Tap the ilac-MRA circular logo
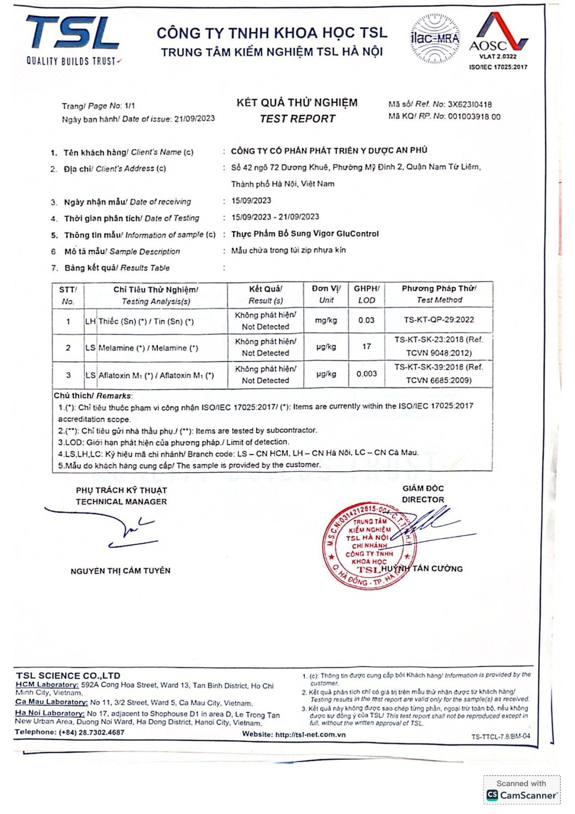pyautogui.click(x=435, y=39)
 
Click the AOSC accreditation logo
pyautogui.click(x=498, y=40)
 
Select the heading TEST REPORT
pyautogui.click(x=297, y=119)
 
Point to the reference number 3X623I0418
pyautogui.click(x=469, y=105)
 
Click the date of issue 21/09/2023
pyautogui.click(x=194, y=118)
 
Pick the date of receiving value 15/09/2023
pyautogui.click(x=251, y=200)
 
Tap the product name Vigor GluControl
pyautogui.click(x=345, y=234)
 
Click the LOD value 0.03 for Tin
pyautogui.click(x=366, y=320)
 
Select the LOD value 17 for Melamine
pyautogui.click(x=366, y=347)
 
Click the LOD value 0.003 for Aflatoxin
pyautogui.click(x=366, y=374)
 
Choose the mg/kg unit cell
pyautogui.click(x=326, y=320)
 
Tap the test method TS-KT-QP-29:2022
pyautogui.click(x=439, y=320)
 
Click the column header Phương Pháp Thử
pyautogui.click(x=439, y=289)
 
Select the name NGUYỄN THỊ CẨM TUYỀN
pyautogui.click(x=120, y=571)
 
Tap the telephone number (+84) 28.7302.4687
pyautogui.click(x=91, y=732)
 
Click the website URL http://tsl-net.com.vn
pyautogui.click(x=310, y=735)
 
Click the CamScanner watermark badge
pyautogui.click(x=521, y=790)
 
